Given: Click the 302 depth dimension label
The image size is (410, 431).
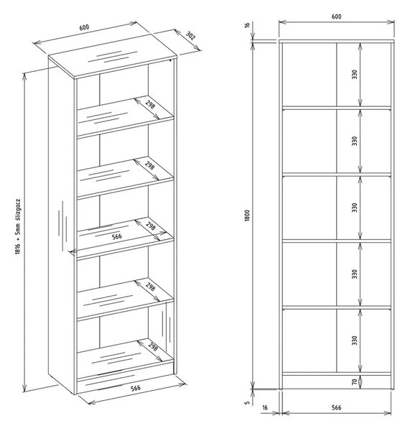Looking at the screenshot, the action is click(190, 36).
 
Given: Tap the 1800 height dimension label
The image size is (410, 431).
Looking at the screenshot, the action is click(247, 215).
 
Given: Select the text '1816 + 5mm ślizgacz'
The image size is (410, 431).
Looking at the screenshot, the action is click(18, 226).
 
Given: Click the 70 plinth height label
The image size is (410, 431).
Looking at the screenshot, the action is click(355, 381).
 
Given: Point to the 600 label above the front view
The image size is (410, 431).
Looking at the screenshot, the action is click(336, 17).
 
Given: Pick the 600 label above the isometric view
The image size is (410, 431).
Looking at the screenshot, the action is click(84, 27).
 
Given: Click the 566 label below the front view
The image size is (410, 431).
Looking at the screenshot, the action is click(336, 407).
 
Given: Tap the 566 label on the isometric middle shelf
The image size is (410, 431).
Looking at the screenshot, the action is click(117, 236).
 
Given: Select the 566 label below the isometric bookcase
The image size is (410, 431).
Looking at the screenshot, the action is click(136, 388).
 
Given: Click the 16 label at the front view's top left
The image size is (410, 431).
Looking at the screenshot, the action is click(247, 24).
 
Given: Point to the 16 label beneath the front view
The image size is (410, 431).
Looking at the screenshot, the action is click(265, 407).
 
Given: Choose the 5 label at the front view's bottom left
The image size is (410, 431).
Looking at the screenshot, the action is click(247, 403).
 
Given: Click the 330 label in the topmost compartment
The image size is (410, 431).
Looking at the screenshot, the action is click(355, 75).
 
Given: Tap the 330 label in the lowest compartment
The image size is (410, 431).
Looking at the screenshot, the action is click(355, 340).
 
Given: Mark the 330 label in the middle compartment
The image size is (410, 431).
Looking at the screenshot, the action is click(355, 208).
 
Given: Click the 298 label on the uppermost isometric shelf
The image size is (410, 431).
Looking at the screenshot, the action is click(150, 104).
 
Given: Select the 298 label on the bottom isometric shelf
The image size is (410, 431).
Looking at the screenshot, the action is click(153, 346).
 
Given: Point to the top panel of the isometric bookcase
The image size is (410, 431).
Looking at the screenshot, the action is click(113, 56).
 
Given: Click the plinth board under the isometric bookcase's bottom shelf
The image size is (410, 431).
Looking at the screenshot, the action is click(125, 379).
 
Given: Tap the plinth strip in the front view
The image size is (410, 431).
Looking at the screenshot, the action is click(337, 382).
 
